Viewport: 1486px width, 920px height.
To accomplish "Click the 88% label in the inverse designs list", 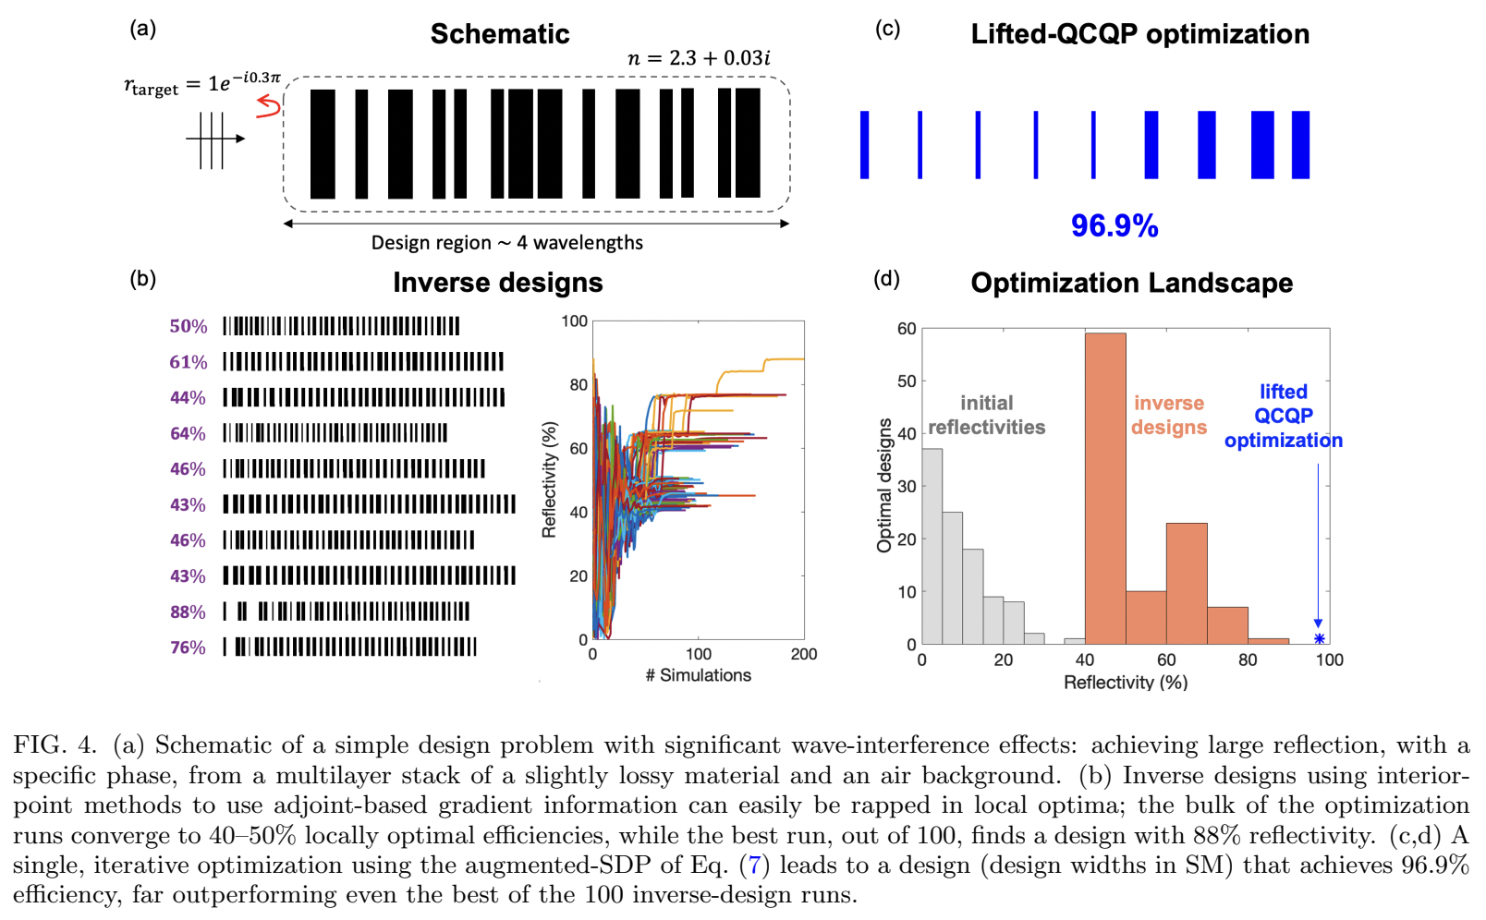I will tap(188, 611).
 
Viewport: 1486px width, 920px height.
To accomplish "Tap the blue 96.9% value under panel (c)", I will tap(1114, 225).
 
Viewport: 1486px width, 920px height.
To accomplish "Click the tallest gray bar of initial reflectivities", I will tap(932, 546).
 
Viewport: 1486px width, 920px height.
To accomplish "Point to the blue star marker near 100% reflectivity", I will tap(1319, 639).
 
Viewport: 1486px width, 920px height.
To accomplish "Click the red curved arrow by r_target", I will tap(268, 107).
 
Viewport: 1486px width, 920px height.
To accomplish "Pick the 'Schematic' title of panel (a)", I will tap(500, 34).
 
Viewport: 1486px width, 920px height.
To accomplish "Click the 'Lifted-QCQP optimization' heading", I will tap(1139, 34).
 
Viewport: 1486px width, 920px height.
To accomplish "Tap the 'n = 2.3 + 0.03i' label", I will tap(699, 58).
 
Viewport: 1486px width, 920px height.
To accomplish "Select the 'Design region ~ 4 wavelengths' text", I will tap(506, 243).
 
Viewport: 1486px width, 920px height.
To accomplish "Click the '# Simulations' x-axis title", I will tap(698, 675).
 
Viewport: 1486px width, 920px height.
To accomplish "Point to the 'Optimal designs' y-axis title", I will tap(884, 485).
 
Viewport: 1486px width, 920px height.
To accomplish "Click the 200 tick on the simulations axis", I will tap(803, 654).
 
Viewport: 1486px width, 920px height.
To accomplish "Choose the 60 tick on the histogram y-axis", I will tap(907, 329).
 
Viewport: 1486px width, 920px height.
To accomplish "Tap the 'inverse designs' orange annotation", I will tap(1169, 415).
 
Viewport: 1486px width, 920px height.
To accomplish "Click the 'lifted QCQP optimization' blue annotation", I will tap(1283, 416).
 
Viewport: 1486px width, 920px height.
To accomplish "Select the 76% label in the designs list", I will tap(188, 648).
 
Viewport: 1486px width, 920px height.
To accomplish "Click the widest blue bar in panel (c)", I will tap(1262, 145).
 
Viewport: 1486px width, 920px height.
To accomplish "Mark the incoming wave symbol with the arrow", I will tap(213, 139).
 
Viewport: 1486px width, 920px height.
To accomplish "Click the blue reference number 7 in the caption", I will tap(754, 866).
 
